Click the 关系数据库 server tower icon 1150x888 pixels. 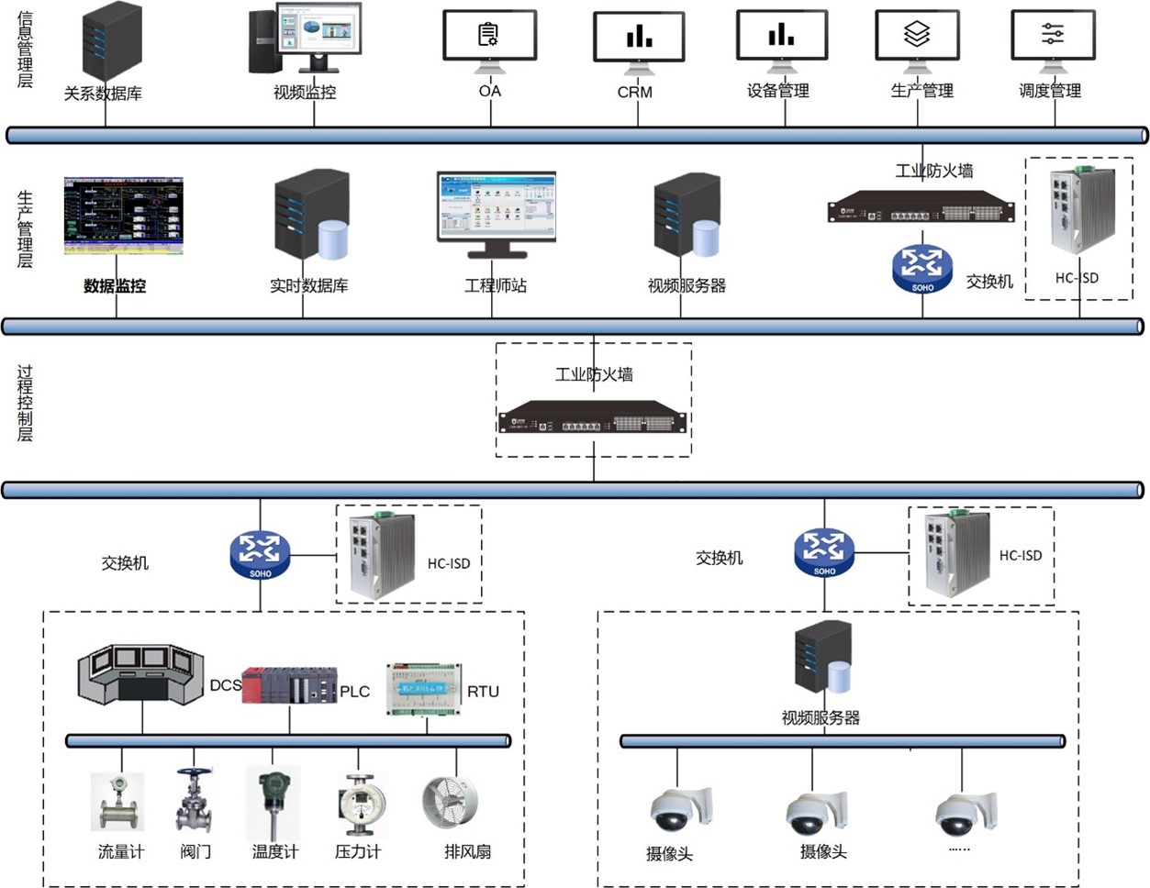click(112, 41)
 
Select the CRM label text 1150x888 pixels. click(635, 92)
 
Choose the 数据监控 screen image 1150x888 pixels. click(123, 216)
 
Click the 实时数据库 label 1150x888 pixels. click(309, 286)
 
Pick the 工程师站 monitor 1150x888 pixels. click(496, 212)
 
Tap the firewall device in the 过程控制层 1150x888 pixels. click(594, 417)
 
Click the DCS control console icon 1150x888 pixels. click(140, 675)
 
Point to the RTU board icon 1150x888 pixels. click(424, 689)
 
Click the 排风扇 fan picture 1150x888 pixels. click(450, 803)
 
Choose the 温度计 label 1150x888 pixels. click(275, 852)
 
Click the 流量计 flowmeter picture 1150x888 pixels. click(118, 803)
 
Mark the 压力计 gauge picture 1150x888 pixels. click(357, 805)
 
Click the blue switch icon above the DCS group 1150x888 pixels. click(260, 553)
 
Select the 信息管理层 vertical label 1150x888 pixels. click(25, 50)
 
